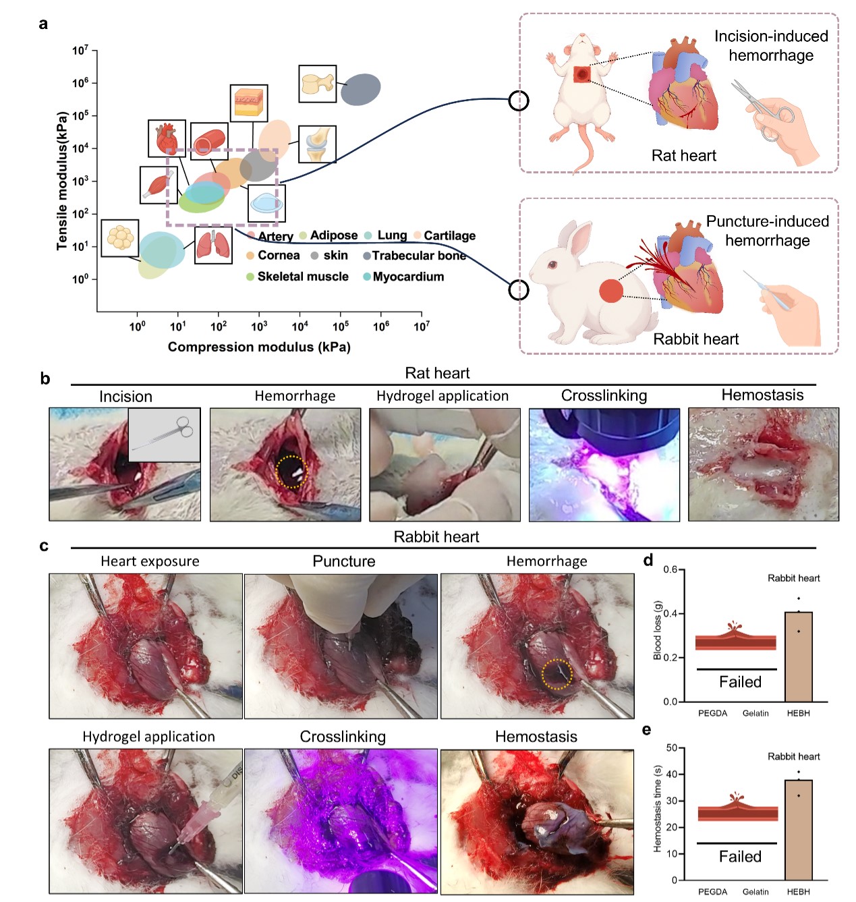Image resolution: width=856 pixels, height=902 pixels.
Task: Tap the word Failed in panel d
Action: tap(740, 682)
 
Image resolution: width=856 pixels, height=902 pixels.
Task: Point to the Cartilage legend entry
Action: tap(449, 235)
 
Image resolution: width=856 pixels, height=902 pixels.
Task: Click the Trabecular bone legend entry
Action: tap(418, 256)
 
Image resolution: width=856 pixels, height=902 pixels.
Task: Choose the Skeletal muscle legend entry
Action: tap(302, 277)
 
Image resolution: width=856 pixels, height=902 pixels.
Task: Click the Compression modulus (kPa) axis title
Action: tap(259, 347)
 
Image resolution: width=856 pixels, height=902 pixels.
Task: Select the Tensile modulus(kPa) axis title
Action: tap(62, 181)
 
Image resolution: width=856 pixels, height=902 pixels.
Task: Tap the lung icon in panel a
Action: tap(213, 245)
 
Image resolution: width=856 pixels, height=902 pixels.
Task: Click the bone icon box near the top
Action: tap(317, 84)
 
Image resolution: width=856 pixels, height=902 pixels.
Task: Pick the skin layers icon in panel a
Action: tap(248, 103)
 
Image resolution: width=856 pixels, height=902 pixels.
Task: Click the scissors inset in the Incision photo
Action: tap(164, 434)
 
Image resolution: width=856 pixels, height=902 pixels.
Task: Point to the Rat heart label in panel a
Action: tap(683, 156)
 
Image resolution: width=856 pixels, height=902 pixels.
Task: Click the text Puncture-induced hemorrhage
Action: tap(767, 231)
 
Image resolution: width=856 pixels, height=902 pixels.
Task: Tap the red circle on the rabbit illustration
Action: tap(611, 291)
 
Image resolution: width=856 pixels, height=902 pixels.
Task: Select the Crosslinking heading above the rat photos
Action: tap(604, 396)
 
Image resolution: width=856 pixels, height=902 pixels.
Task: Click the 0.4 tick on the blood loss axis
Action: tap(670, 614)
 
